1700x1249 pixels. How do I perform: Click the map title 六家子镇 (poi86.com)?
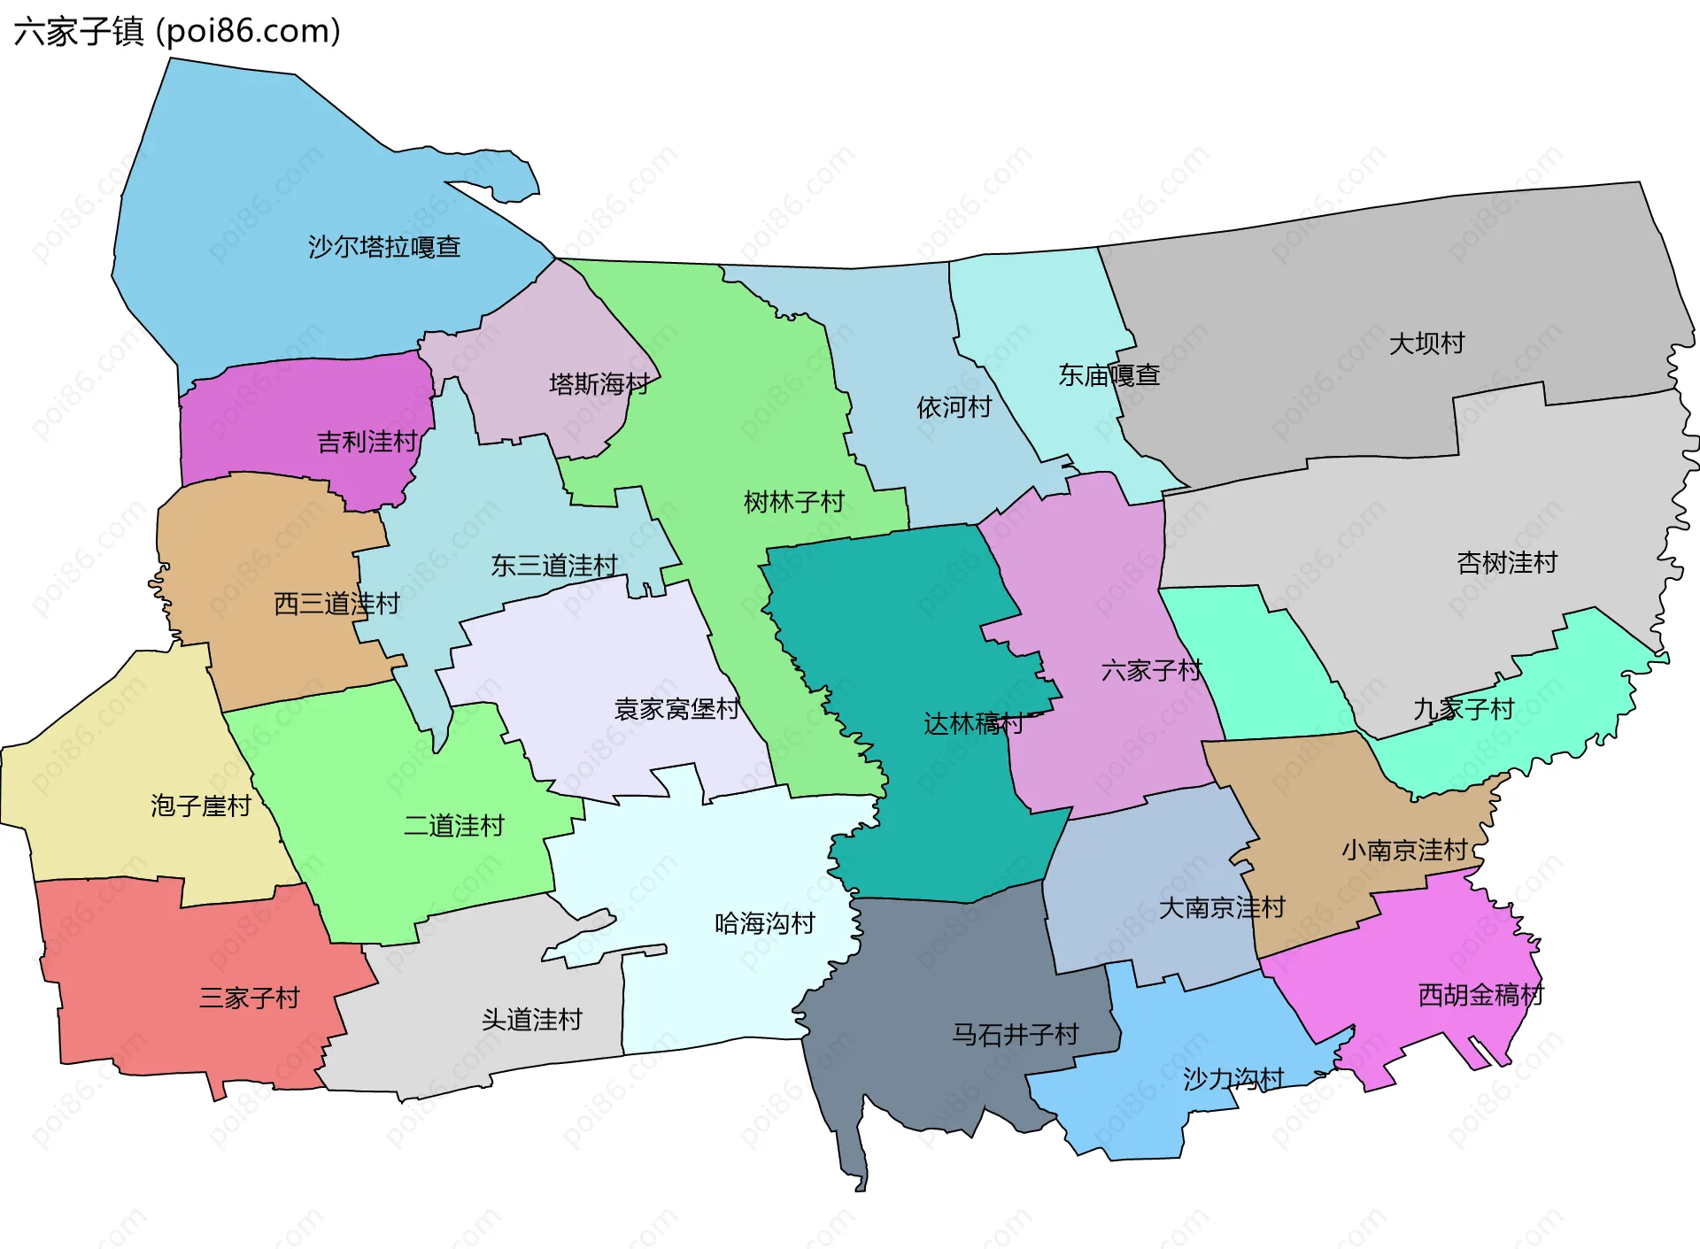pyautogui.click(x=177, y=32)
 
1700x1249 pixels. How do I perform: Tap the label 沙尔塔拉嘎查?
pyautogui.click(x=384, y=246)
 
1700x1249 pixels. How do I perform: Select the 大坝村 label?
pyautogui.click(x=1426, y=343)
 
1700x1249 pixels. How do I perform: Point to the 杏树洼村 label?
pyautogui.click(x=1506, y=562)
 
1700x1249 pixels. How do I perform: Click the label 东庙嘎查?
pyautogui.click(x=1109, y=375)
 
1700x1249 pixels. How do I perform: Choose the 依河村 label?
pyautogui.click(x=954, y=407)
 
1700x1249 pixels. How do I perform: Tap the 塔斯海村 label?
pyautogui.click(x=599, y=383)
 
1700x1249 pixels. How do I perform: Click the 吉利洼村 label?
pyautogui.click(x=367, y=441)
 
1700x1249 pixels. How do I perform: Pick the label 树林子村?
pyautogui.click(x=794, y=502)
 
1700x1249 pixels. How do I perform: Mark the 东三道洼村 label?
pyautogui.click(x=554, y=565)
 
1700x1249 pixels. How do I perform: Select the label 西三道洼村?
pyautogui.click(x=336, y=604)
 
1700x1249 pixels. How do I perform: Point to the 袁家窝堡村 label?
pyautogui.click(x=677, y=709)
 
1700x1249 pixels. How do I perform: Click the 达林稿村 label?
pyautogui.click(x=973, y=723)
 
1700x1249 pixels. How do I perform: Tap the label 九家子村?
pyautogui.click(x=1464, y=709)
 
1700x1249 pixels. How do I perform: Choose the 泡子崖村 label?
pyautogui.click(x=201, y=806)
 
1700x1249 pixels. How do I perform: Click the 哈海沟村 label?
pyautogui.click(x=765, y=923)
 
